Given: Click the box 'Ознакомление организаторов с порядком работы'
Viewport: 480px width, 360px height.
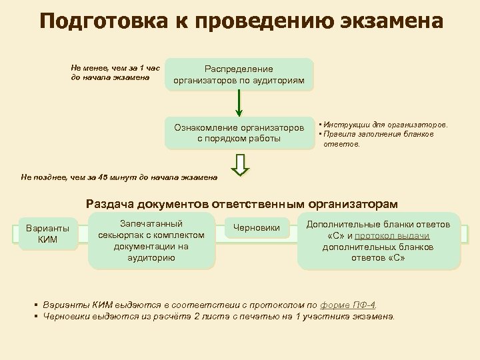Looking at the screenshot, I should (x=239, y=133).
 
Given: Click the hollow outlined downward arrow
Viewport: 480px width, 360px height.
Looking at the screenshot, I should (x=239, y=165).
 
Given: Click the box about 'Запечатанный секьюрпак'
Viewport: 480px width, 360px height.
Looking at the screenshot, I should (x=151, y=241).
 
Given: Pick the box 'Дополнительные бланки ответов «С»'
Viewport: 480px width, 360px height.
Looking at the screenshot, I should (x=378, y=241).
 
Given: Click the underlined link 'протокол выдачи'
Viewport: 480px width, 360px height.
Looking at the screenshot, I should (x=392, y=235).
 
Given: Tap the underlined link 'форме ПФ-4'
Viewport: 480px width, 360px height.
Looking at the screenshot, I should (x=349, y=305).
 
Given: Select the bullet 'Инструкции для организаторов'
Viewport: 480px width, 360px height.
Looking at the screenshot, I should (x=385, y=125).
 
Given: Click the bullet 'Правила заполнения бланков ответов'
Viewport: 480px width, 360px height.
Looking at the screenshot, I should (x=378, y=138).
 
